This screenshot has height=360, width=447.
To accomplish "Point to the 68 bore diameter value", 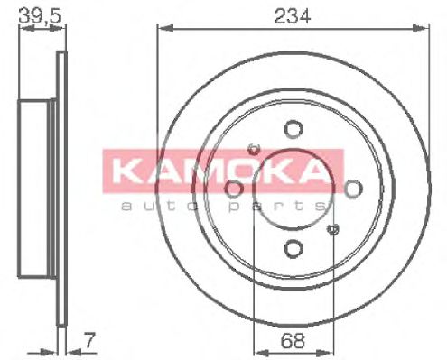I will tap(291, 341).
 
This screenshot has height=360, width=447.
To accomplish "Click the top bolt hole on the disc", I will tap(292, 129).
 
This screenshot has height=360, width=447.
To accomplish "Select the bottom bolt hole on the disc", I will tap(292, 248).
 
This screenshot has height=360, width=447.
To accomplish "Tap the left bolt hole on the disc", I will tap(233, 189).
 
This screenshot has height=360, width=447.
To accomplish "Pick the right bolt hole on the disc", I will tap(351, 189).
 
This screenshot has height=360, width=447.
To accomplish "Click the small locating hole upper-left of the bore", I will tap(252, 147).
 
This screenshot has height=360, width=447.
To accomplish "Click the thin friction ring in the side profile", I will tap(61, 189).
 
